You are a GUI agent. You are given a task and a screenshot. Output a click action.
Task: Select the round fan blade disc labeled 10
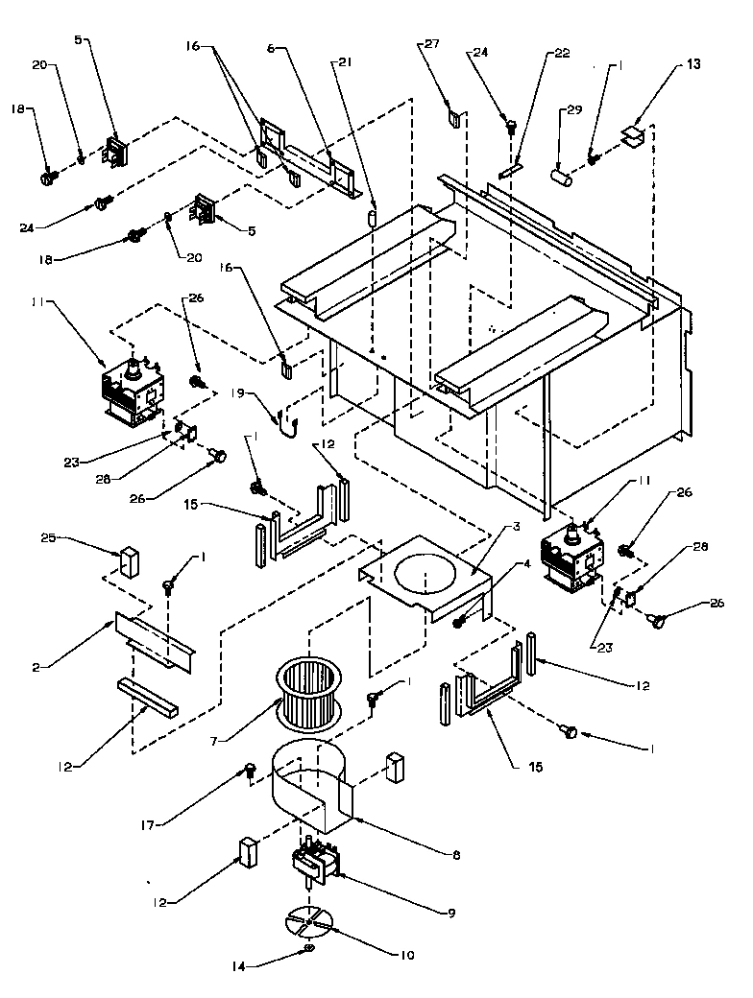click(x=309, y=921)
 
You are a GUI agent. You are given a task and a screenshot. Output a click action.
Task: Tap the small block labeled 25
click(x=127, y=562)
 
